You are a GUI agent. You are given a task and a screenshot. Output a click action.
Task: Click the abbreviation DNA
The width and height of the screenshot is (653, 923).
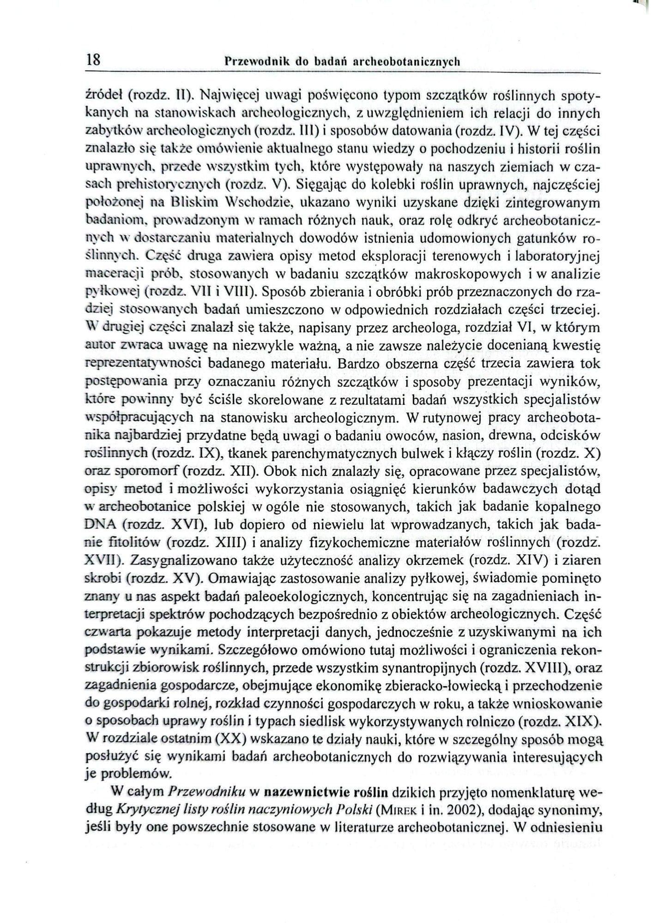point(101,525)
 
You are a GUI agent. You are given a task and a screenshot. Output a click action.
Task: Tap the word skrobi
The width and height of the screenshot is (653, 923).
point(103,578)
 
